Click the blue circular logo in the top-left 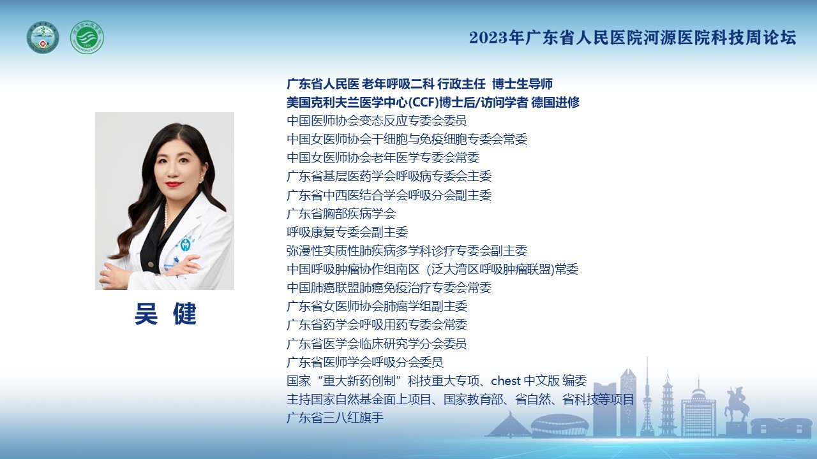pos(43,38)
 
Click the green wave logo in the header pos(87,38)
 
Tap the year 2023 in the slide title pos(488,38)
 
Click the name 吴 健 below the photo pos(165,314)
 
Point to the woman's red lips pos(174,184)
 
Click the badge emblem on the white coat pos(186,244)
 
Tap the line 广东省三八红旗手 pos(335,418)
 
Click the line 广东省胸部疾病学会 pos(341,214)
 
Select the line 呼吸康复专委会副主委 pos(347,233)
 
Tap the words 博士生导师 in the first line pos(522,84)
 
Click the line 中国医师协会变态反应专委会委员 pos(377,120)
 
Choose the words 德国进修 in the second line pos(555,103)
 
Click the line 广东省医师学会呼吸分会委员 pos(365,363)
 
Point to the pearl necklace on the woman pos(167,215)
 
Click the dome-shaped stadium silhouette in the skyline pos(560,425)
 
